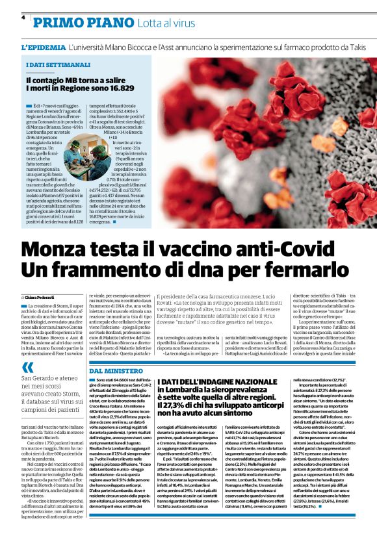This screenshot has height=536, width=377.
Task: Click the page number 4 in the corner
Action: (x=23, y=18)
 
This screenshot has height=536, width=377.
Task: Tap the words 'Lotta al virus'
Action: (x=170, y=21)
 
